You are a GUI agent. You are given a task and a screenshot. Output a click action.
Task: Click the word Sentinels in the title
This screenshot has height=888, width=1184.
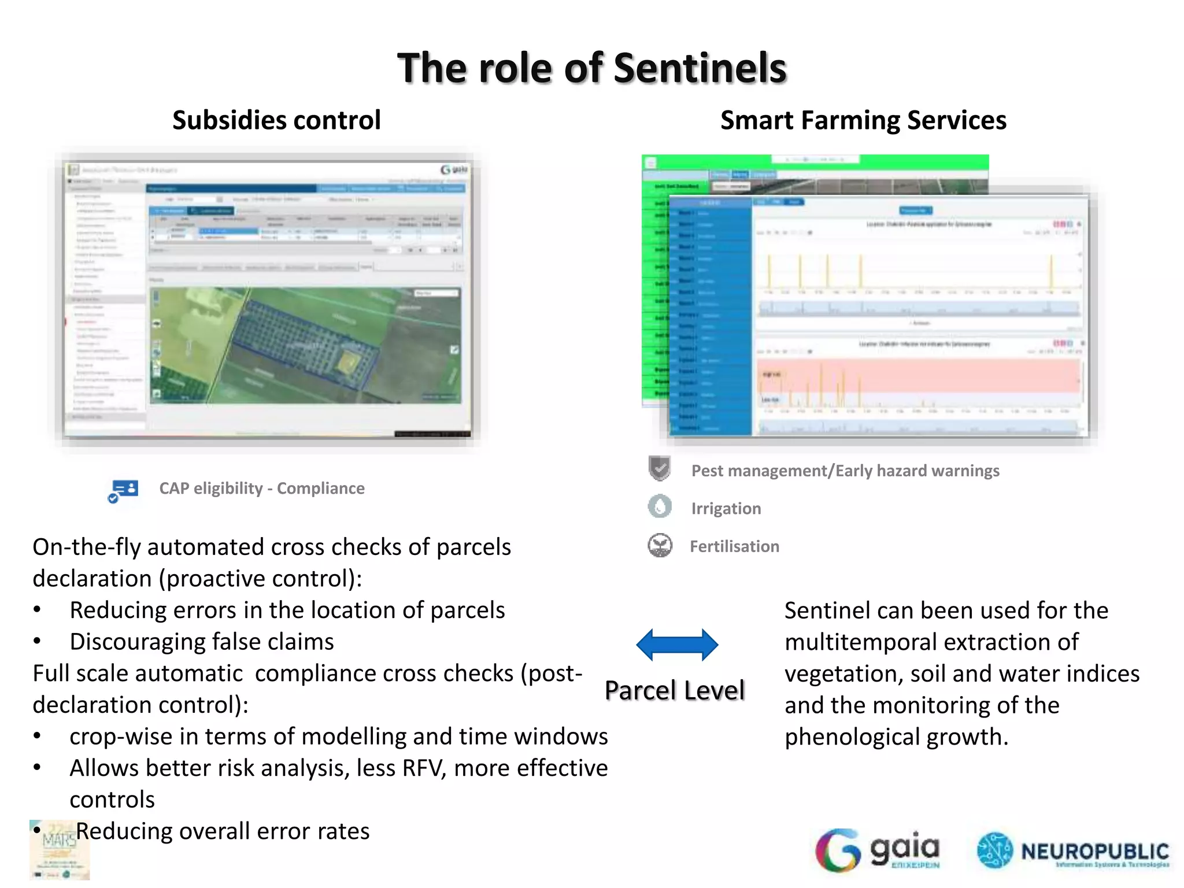[700, 68]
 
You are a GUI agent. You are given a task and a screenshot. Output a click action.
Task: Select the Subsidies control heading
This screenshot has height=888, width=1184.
[276, 120]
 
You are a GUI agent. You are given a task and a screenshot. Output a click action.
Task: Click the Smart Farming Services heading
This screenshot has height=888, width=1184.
[863, 120]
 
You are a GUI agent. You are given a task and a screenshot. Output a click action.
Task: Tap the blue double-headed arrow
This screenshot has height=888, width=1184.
[677, 645]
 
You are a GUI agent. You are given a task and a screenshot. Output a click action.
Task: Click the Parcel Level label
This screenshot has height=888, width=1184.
[675, 690]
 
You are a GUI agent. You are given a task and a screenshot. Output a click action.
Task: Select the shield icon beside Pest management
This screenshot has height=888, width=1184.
[660, 468]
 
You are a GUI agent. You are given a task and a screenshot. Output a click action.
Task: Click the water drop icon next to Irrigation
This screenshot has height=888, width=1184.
[660, 506]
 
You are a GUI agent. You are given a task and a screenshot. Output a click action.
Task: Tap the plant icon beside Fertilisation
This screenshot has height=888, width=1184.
[660, 545]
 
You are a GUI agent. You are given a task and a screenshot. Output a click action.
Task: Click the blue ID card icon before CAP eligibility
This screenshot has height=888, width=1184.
[124, 490]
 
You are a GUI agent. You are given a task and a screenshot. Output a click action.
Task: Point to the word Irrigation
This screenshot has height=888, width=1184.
[726, 509]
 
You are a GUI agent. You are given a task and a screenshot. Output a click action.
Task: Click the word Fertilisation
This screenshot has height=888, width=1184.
[734, 546]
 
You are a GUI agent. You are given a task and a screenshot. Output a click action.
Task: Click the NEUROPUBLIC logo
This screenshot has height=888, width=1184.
[1073, 851]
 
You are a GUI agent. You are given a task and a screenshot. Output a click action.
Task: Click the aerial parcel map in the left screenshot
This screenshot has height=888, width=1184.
[305, 345]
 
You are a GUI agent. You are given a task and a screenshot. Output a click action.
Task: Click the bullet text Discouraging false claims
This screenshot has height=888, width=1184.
[202, 642]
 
